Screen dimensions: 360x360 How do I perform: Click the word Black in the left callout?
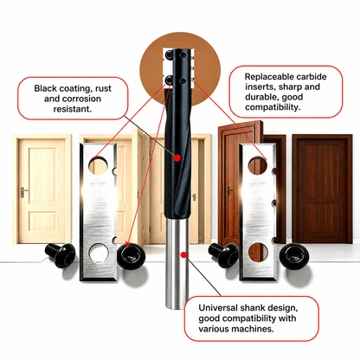(x=45, y=88)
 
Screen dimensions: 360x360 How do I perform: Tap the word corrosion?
(x=81, y=99)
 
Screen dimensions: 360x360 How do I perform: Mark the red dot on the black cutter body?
(x=177, y=157)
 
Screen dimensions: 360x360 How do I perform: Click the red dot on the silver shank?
(x=183, y=254)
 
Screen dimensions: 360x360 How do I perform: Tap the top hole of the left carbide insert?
(x=98, y=165)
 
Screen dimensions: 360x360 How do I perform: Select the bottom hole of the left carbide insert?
(x=99, y=254)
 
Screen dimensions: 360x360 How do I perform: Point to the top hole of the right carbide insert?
(x=257, y=165)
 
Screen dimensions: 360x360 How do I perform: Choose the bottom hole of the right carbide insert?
(x=258, y=253)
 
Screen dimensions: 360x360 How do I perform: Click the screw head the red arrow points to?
(x=131, y=256)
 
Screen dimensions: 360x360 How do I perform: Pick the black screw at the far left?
(x=61, y=254)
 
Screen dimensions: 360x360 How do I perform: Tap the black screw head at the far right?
(x=295, y=257)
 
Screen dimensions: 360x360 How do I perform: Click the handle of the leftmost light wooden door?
(x=24, y=192)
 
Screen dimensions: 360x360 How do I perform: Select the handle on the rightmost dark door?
(x=301, y=191)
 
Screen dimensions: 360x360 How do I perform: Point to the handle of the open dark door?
(x=229, y=191)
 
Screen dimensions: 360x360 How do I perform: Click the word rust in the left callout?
(x=103, y=88)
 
